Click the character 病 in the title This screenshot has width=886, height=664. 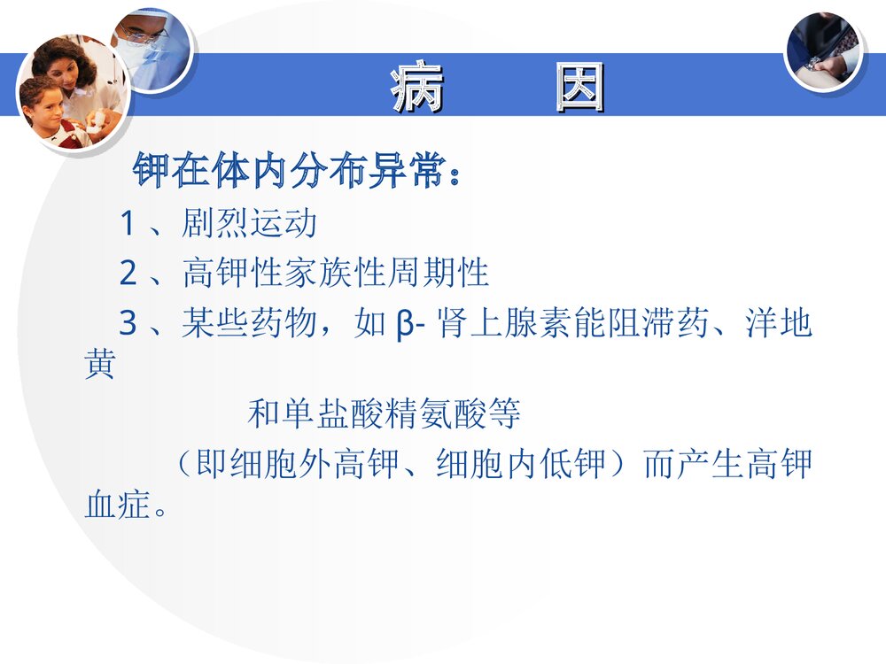(x=416, y=88)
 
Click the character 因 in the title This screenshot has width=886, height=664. (x=579, y=88)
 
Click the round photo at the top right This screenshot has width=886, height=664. (x=823, y=50)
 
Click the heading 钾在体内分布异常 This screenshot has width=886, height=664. (x=297, y=170)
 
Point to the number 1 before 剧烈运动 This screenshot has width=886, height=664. (x=127, y=224)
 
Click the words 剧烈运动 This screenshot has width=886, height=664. (x=249, y=224)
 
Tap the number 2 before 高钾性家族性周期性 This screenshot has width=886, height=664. (x=127, y=274)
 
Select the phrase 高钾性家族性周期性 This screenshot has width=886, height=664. (x=336, y=274)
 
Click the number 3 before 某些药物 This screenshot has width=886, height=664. (x=127, y=325)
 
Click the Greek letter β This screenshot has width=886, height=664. (x=402, y=325)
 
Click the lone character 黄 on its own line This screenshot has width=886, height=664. (x=99, y=366)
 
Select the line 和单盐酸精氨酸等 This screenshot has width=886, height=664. (x=384, y=413)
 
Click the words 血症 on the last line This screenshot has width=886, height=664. (x=116, y=506)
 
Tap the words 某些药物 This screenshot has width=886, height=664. (x=249, y=325)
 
